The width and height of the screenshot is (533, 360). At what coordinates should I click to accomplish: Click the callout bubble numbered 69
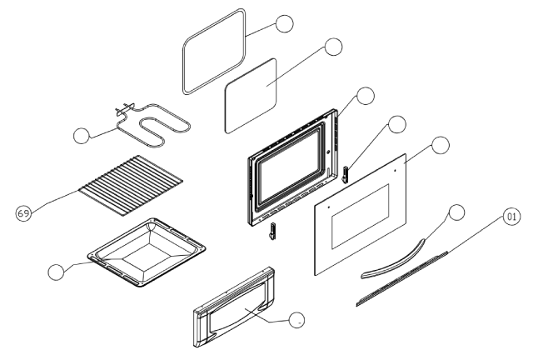coord(23,213)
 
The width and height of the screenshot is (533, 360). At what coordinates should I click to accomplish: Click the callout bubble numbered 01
coord(511,217)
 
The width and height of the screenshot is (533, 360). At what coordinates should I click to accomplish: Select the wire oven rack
coord(131,186)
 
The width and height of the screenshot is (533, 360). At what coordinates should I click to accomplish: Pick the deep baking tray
coord(147,252)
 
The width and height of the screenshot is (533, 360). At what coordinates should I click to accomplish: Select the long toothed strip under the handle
coord(401,278)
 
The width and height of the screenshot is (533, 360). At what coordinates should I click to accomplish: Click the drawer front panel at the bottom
coord(234,307)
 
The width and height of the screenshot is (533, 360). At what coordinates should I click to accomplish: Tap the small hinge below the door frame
coord(272,231)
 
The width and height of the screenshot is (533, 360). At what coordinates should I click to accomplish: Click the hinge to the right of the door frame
coord(346,174)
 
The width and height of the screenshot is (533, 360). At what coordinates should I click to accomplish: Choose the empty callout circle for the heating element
coord(82,136)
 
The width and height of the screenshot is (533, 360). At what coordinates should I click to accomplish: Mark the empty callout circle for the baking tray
coord(56,272)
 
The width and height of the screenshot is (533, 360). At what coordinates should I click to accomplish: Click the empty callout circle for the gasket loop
coord(284,24)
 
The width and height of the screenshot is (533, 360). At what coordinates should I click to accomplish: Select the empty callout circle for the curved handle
coord(456,212)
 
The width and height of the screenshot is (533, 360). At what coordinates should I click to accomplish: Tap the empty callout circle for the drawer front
coord(296,320)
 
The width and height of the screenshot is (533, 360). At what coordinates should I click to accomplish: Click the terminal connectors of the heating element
coord(125,108)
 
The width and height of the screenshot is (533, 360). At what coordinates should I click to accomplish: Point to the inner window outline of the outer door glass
coord(360,217)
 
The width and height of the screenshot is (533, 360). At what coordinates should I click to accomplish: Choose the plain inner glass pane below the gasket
coord(251,96)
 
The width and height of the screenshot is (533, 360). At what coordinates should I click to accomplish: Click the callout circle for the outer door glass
coord(441,145)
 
